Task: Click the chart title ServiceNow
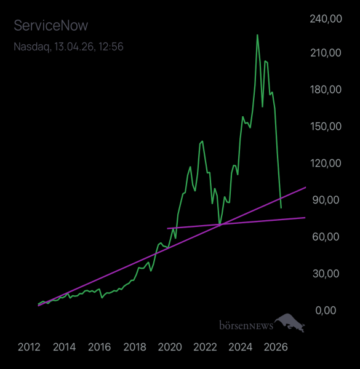click(x=50, y=26)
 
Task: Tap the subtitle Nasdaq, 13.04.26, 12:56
click(x=68, y=46)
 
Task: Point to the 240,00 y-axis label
click(x=324, y=19)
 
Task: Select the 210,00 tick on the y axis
click(x=324, y=53)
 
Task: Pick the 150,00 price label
click(x=324, y=126)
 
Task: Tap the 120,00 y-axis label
click(x=324, y=163)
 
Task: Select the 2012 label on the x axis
click(x=29, y=347)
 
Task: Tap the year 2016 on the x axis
click(x=100, y=347)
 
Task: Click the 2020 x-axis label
click(x=170, y=347)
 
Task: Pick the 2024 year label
click(x=241, y=347)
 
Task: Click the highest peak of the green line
click(x=257, y=35)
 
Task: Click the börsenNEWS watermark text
click(x=246, y=325)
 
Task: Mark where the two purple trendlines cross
click(x=220, y=225)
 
